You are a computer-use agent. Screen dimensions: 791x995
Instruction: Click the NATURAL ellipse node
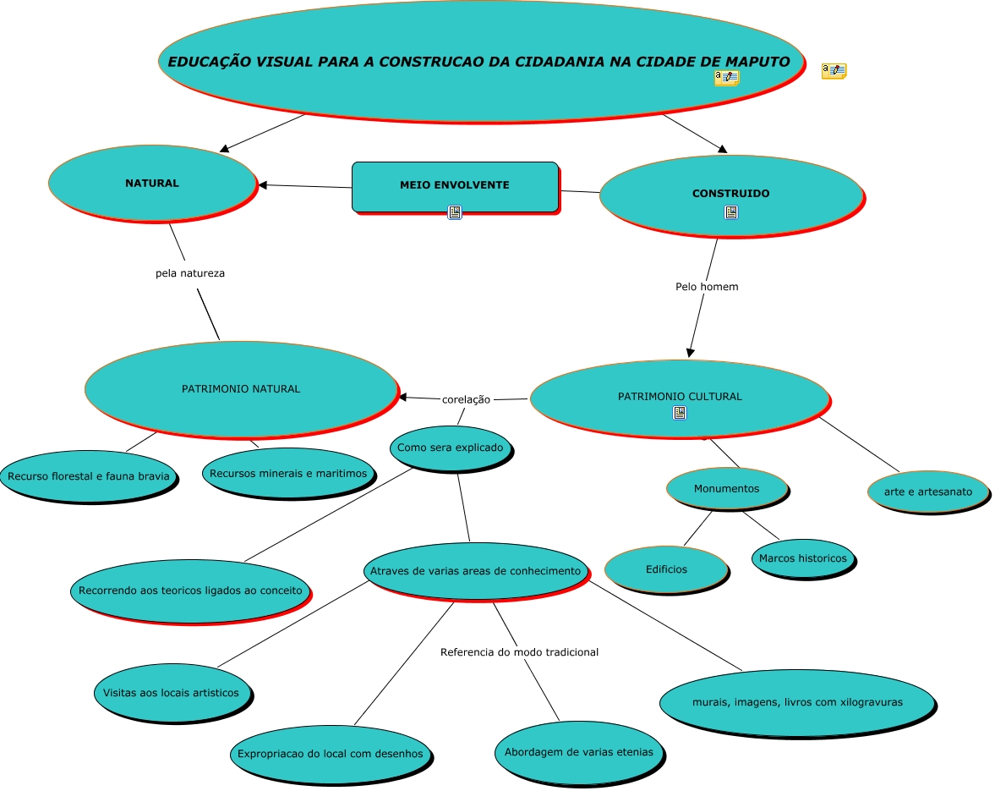[152, 183]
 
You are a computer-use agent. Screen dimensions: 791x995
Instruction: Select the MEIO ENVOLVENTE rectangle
[455, 186]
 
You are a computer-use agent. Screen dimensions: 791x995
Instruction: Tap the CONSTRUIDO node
[730, 195]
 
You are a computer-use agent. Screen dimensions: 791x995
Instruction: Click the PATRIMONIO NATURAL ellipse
[241, 389]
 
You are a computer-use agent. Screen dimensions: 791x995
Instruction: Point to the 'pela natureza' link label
[190, 273]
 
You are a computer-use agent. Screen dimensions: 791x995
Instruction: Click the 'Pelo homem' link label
[707, 287]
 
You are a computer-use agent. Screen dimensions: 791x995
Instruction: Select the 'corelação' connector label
[466, 399]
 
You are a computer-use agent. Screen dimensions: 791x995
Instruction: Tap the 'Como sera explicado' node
[450, 448]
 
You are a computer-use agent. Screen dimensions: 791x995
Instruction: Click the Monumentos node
[726, 488]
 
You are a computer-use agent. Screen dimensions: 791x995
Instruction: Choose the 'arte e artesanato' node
[927, 492]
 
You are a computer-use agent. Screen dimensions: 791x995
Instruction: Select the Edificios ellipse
[666, 569]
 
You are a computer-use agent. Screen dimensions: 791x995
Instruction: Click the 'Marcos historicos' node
[802, 558]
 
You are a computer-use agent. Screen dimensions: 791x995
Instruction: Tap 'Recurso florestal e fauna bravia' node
[88, 476]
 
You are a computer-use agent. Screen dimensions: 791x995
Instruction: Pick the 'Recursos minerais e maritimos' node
[287, 473]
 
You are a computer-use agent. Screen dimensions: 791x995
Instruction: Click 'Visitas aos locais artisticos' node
[171, 693]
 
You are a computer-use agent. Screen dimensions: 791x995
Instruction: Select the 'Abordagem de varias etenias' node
[578, 752]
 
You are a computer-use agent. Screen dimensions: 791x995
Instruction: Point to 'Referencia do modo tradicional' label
[519, 652]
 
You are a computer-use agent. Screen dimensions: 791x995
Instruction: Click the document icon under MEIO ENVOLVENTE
[455, 212]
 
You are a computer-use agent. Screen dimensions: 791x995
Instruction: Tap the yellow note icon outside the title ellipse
[834, 71]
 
